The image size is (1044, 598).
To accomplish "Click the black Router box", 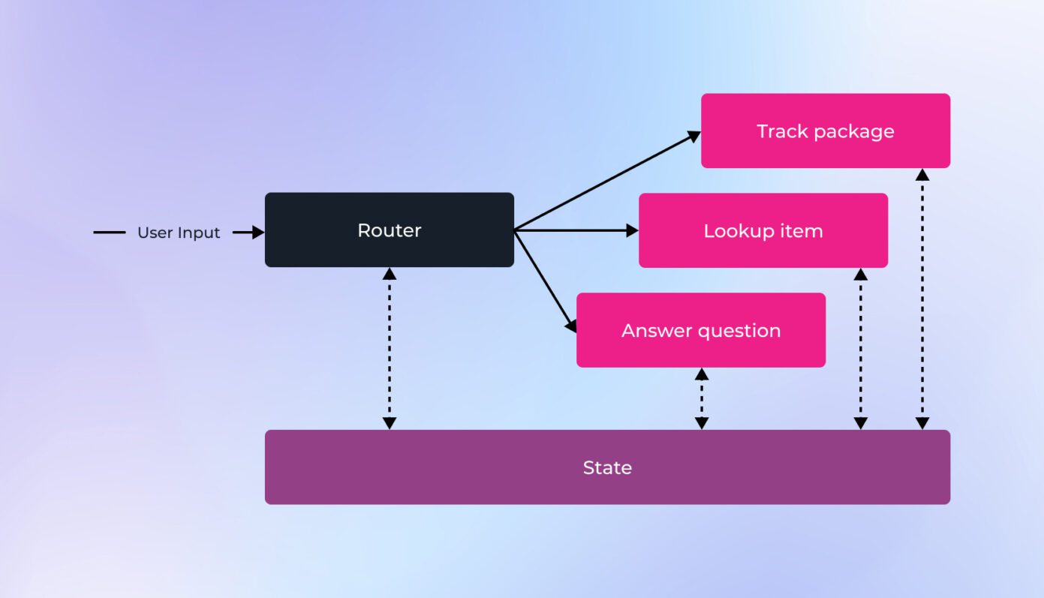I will click(389, 230).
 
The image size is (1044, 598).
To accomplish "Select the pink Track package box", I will click(825, 131).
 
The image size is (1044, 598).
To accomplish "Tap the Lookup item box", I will click(763, 230).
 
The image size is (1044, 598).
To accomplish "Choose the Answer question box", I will click(700, 330).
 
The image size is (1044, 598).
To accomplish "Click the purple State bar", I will click(606, 467).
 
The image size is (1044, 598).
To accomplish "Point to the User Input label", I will click(179, 233).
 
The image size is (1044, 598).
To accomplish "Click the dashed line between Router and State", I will click(389, 348).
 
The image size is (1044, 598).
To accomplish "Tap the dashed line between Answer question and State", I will click(701, 398).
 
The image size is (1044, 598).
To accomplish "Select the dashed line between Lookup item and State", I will click(861, 348).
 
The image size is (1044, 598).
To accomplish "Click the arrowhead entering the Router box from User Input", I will click(258, 233).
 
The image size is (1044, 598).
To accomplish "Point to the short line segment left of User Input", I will click(110, 233).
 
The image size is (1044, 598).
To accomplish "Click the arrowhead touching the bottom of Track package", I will click(922, 175).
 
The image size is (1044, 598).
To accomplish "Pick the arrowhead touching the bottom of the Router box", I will click(389, 274).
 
